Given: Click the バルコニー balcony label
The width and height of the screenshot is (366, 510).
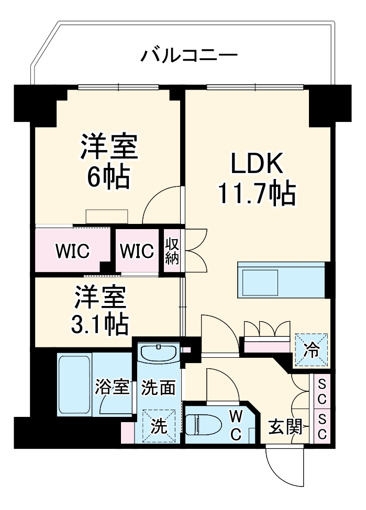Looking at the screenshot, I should [190, 54].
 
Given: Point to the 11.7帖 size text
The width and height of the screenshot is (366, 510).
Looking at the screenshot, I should [257, 194].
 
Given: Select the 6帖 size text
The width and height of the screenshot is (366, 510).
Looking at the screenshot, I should [109, 178].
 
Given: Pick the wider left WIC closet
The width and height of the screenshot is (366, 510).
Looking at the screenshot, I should [73, 251].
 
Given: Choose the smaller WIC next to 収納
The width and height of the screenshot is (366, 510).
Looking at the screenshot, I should [137, 251].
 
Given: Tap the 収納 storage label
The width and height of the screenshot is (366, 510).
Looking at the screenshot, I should [172, 251].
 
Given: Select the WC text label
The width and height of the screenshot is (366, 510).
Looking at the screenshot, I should [236, 424].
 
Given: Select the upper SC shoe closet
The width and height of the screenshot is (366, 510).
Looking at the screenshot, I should [322, 393].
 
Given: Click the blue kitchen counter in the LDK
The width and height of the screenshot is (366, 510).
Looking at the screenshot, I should [281, 280].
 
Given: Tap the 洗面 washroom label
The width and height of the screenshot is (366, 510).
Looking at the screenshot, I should [159, 388].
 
